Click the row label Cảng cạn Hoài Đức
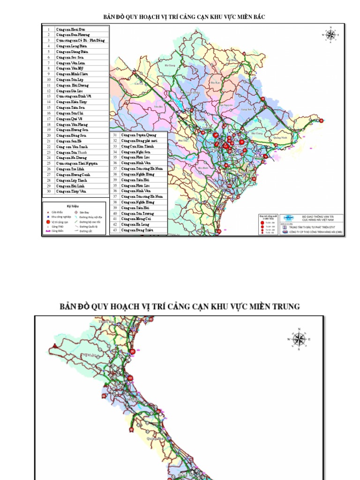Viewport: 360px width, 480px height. [x=68, y=29]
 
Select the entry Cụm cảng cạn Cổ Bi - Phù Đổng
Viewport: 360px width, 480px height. [x=81, y=40]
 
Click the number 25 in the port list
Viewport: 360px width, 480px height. [x=48, y=163]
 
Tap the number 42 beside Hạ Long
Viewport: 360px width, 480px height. [x=115, y=225]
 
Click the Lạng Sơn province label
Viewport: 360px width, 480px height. [x=244, y=109]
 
